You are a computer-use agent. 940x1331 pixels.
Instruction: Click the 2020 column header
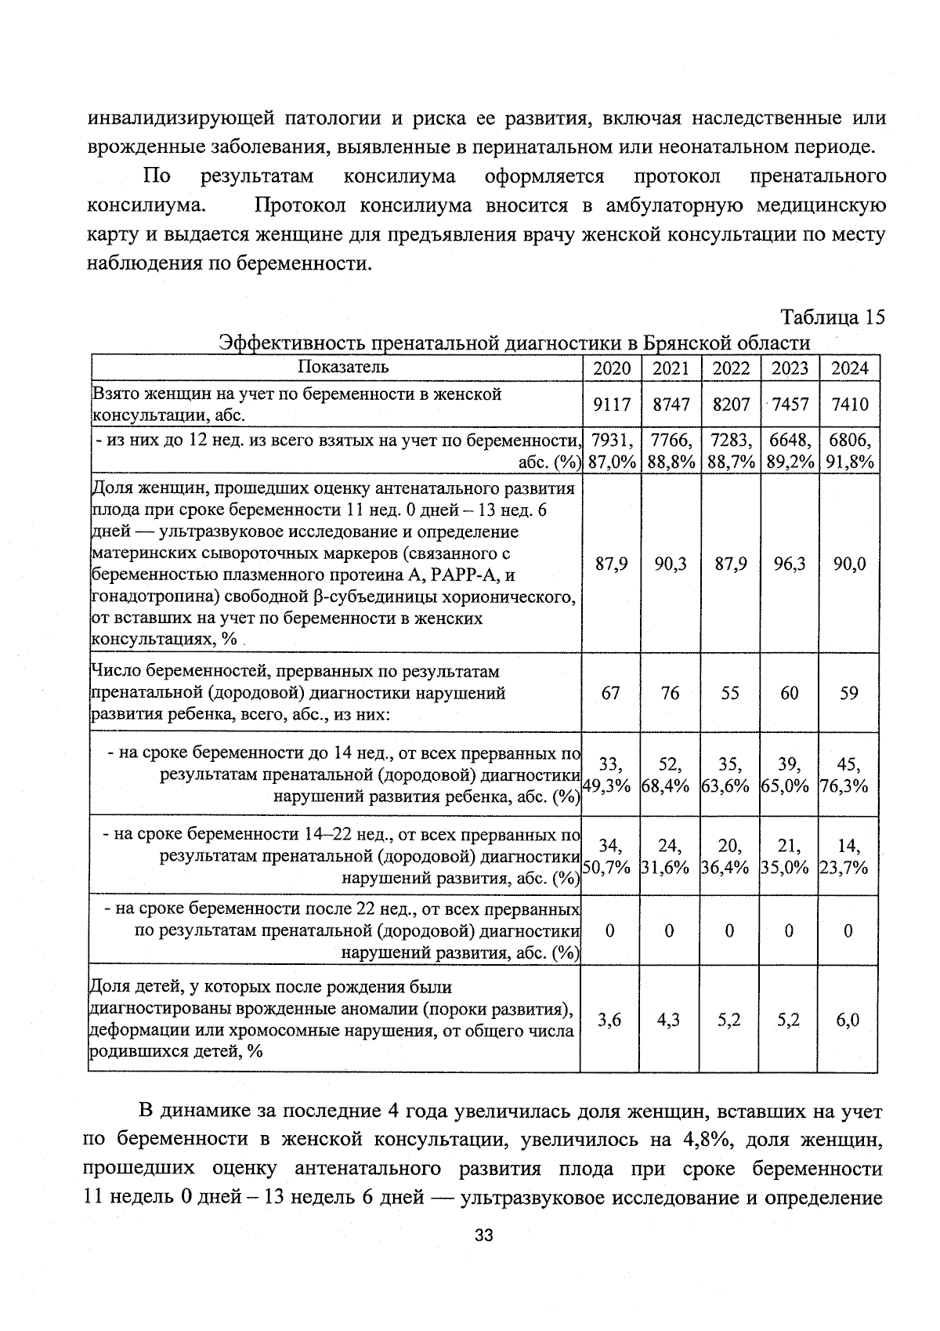point(611,368)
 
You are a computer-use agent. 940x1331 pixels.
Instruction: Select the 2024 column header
point(849,368)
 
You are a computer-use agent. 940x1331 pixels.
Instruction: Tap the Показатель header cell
point(343,367)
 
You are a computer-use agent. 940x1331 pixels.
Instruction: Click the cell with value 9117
point(611,404)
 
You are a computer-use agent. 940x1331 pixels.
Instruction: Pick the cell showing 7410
point(849,404)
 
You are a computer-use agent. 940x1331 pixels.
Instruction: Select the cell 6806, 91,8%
point(849,451)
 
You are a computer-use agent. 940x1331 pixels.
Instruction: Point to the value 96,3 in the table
point(790,564)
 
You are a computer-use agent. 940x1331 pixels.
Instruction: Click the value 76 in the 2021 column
point(670,693)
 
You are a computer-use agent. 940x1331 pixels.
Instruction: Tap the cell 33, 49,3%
point(609,774)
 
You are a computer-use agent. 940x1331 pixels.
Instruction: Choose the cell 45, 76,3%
point(848,774)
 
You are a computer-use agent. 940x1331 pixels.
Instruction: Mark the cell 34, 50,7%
point(609,856)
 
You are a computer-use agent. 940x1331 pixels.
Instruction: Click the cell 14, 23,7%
point(848,856)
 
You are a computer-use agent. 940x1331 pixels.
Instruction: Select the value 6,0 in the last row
point(848,1019)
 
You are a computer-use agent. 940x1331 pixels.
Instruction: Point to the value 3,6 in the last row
point(609,1019)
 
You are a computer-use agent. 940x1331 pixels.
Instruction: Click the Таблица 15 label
point(832,317)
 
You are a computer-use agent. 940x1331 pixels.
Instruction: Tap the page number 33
point(483,1236)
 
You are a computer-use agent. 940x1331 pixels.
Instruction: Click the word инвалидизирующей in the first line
point(180,118)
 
